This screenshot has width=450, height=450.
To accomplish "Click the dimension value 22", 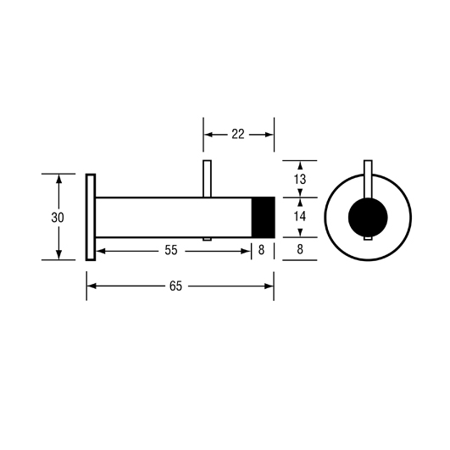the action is (238, 134).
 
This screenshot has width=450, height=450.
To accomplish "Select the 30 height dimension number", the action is (58, 218).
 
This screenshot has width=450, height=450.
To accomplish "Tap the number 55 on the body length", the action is (171, 250).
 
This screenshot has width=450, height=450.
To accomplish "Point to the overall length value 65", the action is (175, 286).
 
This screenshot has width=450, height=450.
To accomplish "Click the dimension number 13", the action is (300, 180).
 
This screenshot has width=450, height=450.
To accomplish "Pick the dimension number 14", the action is (300, 216).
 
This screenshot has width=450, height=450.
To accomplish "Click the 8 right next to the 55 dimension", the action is (261, 250).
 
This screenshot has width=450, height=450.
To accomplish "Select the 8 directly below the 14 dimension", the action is (300, 249).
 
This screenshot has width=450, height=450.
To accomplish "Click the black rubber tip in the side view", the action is (264, 217).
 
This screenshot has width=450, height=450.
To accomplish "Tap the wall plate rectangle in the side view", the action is (91, 217).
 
